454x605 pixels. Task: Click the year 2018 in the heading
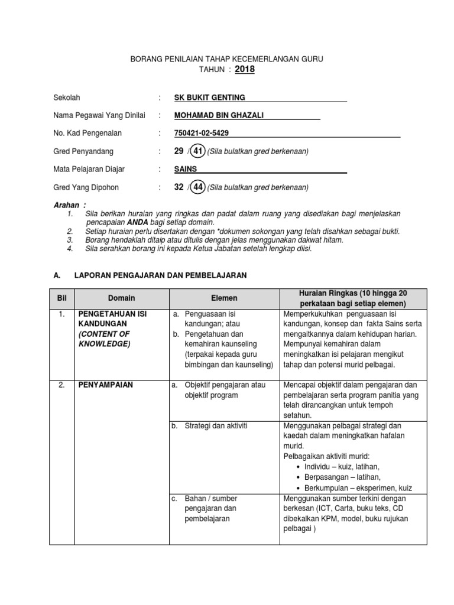pos(246,70)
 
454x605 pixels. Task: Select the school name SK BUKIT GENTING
pos(210,97)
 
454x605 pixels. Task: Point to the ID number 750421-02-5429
pos(202,134)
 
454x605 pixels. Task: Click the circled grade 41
pos(198,152)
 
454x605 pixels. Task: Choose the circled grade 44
pos(198,188)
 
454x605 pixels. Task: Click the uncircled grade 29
pos(179,152)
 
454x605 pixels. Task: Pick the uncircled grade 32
pos(179,188)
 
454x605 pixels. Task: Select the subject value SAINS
pos(186,170)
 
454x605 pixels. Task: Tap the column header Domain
pos(121,298)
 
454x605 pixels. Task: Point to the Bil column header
pos(63,298)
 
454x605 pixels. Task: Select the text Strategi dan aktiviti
pos(211,425)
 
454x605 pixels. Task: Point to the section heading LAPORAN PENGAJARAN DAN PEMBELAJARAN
pos(160,275)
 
